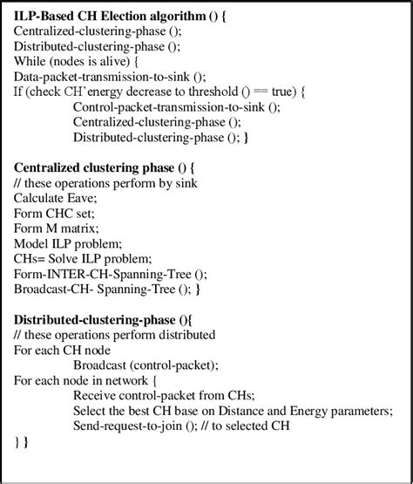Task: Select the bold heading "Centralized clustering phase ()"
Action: (x=101, y=167)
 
